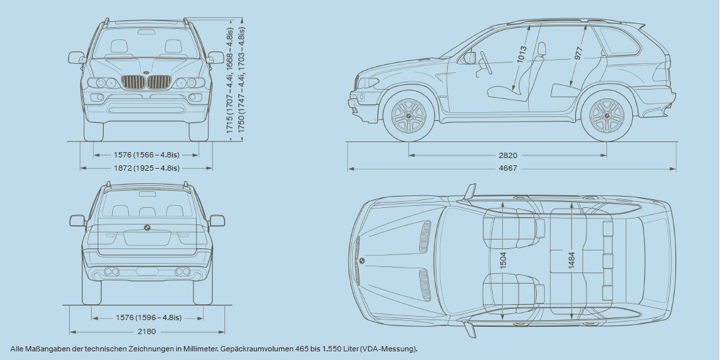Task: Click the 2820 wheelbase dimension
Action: click(508, 155)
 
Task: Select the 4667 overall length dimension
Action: click(508, 169)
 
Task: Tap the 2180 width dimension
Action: click(146, 331)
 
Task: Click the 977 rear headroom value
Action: click(578, 54)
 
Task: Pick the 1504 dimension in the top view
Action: click(503, 260)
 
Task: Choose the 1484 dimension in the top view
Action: click(572, 260)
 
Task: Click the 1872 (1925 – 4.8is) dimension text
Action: click(146, 168)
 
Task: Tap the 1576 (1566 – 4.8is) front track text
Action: click(146, 155)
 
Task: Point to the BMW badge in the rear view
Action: click(147, 227)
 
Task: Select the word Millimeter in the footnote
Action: click(196, 349)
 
